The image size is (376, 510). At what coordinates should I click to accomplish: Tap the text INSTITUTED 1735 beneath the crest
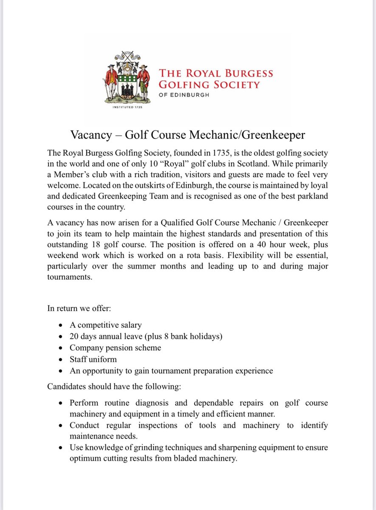coord(127,108)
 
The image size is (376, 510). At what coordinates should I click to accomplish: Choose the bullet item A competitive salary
coord(106,325)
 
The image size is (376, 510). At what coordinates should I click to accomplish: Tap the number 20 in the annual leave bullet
coord(74,337)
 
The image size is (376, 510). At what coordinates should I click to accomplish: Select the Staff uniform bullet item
coord(93,360)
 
